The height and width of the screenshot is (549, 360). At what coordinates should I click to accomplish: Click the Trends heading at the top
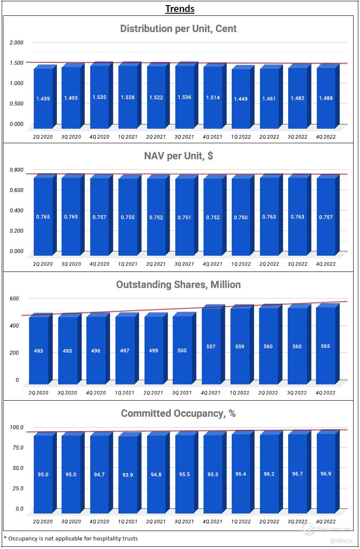point(180,8)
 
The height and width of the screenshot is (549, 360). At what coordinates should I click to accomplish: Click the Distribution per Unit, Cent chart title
point(178,29)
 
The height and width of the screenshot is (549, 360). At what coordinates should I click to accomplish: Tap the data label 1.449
point(240,99)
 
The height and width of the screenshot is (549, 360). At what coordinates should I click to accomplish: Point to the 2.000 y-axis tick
point(16,43)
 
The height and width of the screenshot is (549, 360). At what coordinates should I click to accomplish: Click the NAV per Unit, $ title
point(178,156)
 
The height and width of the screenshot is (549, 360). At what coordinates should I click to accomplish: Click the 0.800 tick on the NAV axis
point(16,170)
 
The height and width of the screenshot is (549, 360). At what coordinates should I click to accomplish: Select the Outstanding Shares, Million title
point(178,285)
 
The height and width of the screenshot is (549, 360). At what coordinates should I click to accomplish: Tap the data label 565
point(325,346)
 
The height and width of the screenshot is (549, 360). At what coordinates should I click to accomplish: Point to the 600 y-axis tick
point(15,298)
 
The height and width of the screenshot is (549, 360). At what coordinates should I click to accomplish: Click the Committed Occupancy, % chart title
point(178,413)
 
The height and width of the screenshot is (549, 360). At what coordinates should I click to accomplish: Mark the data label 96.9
point(326,474)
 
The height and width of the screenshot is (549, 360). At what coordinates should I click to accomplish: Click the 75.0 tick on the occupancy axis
point(16,448)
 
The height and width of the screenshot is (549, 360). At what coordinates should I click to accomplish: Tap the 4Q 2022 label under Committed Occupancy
point(326,522)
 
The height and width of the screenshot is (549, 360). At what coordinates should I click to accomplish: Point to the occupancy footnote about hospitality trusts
point(71,538)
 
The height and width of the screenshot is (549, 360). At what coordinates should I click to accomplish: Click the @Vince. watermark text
point(341,541)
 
